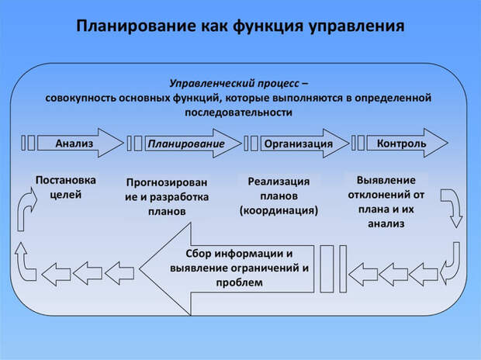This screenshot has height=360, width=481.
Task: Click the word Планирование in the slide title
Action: tap(133, 26)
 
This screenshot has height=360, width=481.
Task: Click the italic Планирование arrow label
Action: tap(186, 144)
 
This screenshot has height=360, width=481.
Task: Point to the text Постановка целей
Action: tap(66, 187)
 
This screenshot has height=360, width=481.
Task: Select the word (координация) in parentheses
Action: tap(279, 210)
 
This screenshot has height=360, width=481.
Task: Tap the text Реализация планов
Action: tap(279, 189)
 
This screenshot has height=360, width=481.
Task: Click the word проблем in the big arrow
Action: tap(240, 283)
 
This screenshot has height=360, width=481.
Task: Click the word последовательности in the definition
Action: tap(238, 112)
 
